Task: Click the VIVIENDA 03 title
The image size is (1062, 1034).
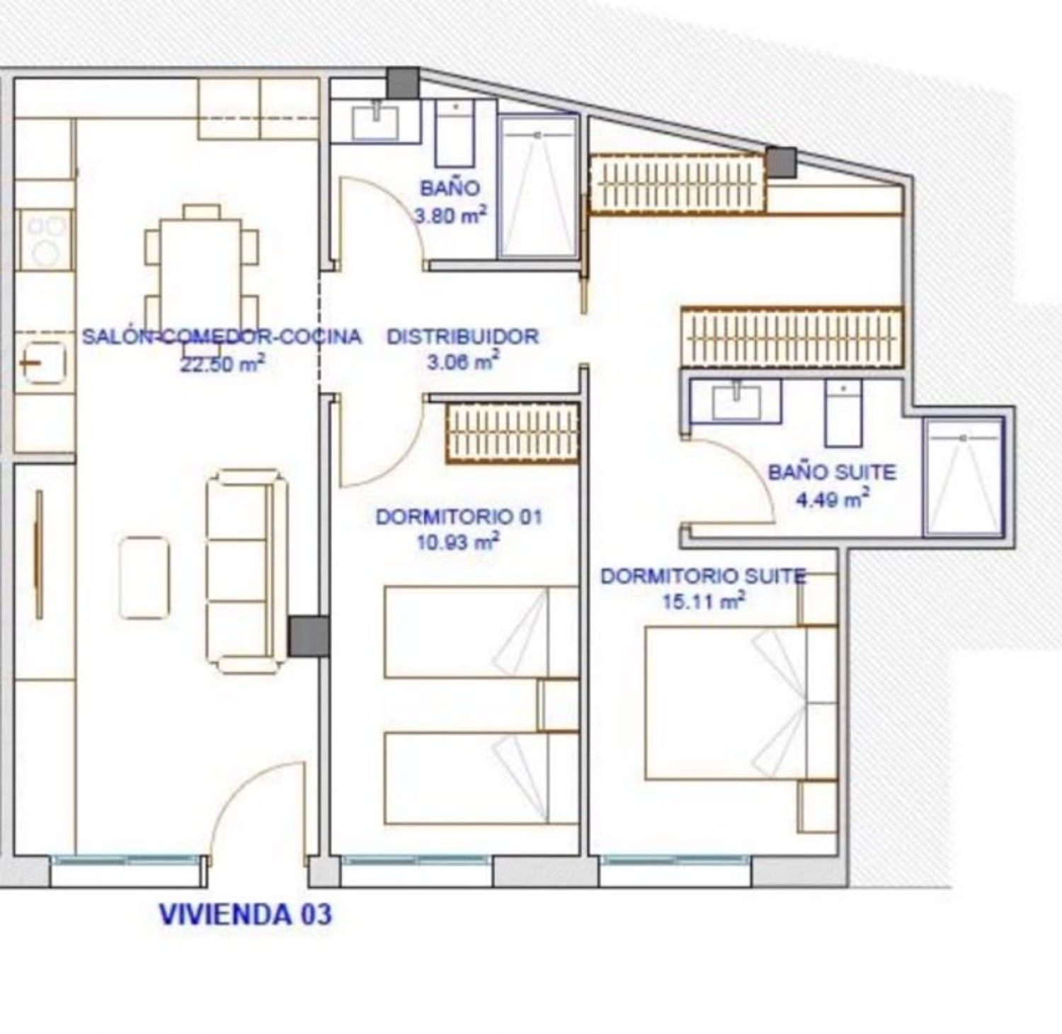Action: (x=245, y=914)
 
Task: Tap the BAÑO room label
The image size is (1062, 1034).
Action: (x=450, y=188)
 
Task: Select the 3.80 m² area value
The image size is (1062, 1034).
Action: (x=450, y=215)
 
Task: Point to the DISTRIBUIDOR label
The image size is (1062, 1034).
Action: (x=462, y=336)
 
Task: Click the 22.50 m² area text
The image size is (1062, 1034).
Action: (x=223, y=364)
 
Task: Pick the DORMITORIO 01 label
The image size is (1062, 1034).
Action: (x=459, y=517)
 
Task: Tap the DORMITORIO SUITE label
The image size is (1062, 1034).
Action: (x=703, y=576)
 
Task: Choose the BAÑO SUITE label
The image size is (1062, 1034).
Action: (x=832, y=472)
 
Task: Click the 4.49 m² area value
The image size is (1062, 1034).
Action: (x=832, y=499)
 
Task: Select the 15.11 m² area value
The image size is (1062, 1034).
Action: (x=703, y=602)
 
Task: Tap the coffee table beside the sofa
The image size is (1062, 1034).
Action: (x=144, y=577)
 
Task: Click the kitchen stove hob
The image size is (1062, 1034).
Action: (x=45, y=240)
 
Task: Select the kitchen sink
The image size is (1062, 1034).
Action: (x=44, y=363)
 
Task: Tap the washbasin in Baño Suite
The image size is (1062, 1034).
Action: (x=736, y=401)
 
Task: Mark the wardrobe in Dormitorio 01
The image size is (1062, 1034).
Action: (x=513, y=433)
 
